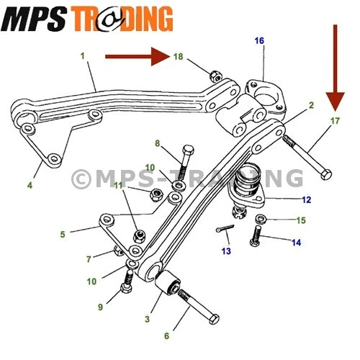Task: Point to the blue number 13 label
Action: click(x=227, y=251)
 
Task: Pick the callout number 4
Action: click(x=30, y=186)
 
